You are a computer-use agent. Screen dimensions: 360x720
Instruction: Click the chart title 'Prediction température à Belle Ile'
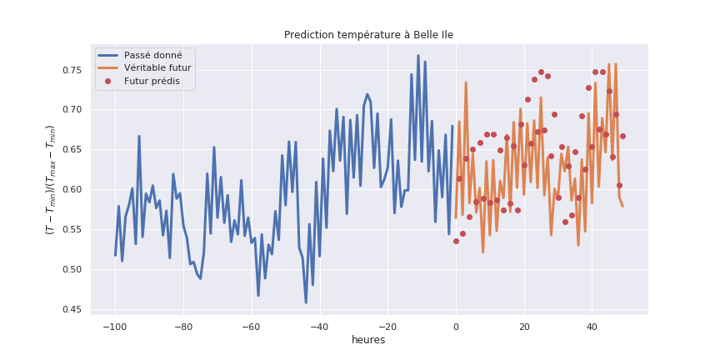(x=368, y=35)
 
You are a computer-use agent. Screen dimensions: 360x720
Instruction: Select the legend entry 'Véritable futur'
(x=157, y=68)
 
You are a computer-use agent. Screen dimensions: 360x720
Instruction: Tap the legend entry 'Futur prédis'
(x=152, y=82)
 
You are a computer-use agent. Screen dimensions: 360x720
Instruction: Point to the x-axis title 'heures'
(x=368, y=340)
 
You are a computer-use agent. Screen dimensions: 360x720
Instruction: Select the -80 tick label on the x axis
(x=182, y=325)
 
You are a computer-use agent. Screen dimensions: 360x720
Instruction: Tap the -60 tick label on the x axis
(x=250, y=325)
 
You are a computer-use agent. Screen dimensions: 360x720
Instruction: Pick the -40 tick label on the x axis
(x=318, y=325)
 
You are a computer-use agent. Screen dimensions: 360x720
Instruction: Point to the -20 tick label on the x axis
(x=386, y=325)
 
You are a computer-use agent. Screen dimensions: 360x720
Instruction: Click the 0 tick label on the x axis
(x=456, y=325)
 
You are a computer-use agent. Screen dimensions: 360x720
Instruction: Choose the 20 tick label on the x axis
(x=524, y=325)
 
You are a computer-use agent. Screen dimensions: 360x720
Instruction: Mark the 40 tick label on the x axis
(x=592, y=325)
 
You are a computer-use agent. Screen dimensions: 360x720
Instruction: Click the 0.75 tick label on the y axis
(x=72, y=70)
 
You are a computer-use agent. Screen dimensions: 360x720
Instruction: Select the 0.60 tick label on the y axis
(x=72, y=190)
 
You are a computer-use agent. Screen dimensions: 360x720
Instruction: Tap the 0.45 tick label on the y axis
(x=72, y=310)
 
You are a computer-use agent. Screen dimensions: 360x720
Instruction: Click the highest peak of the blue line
(x=418, y=56)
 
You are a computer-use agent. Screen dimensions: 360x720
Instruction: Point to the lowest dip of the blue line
(x=306, y=302)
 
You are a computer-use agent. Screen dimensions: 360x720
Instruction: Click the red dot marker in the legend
(x=107, y=82)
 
